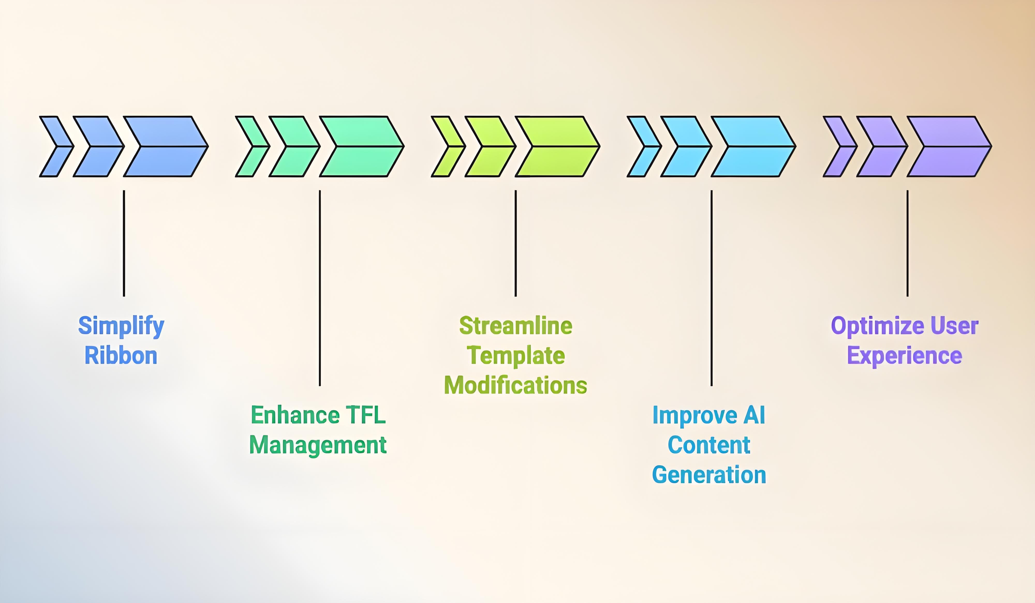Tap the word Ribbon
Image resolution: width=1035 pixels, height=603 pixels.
pyautogui.click(x=121, y=356)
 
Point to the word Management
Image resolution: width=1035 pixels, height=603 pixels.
pyautogui.click(x=318, y=445)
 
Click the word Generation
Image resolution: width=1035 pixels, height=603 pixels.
pyautogui.click(x=709, y=475)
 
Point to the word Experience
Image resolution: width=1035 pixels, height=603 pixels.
pyautogui.click(x=904, y=356)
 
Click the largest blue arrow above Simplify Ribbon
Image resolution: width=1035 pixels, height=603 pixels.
pyautogui.click(x=166, y=147)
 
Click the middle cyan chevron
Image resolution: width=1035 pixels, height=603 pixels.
pyautogui.click(x=686, y=147)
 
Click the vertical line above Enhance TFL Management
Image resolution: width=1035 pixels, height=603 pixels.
pyautogui.click(x=320, y=287)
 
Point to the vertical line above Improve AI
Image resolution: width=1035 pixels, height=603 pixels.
pyautogui.click(x=711, y=287)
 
